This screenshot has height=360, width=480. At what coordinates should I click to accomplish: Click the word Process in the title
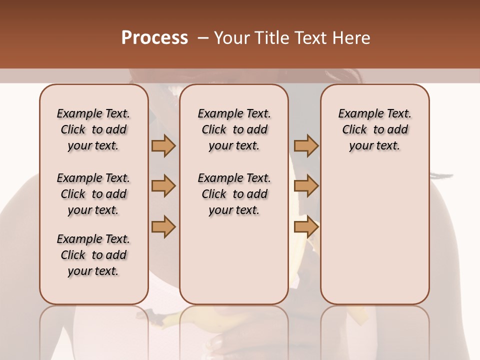click(154, 38)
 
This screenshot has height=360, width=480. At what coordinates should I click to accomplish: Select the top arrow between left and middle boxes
click(163, 145)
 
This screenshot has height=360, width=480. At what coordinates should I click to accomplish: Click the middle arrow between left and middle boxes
click(163, 186)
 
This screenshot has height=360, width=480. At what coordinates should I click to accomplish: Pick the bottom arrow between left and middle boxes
click(163, 227)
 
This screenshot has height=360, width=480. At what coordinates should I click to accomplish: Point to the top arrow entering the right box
click(306, 145)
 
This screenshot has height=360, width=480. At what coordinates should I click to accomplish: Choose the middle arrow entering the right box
click(306, 186)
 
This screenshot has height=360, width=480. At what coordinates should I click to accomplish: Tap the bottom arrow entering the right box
click(306, 227)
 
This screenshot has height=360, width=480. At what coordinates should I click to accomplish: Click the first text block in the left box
click(93, 129)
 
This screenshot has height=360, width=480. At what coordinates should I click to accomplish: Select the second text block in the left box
click(93, 194)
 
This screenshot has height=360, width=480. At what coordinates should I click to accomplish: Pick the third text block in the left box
click(93, 255)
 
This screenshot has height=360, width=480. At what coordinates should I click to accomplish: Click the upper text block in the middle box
click(234, 129)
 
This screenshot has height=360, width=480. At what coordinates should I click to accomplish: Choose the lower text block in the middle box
click(234, 194)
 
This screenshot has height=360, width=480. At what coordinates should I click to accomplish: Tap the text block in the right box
click(374, 129)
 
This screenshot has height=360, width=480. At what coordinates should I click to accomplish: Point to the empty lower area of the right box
click(374, 235)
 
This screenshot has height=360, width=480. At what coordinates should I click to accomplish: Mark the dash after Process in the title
click(202, 38)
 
